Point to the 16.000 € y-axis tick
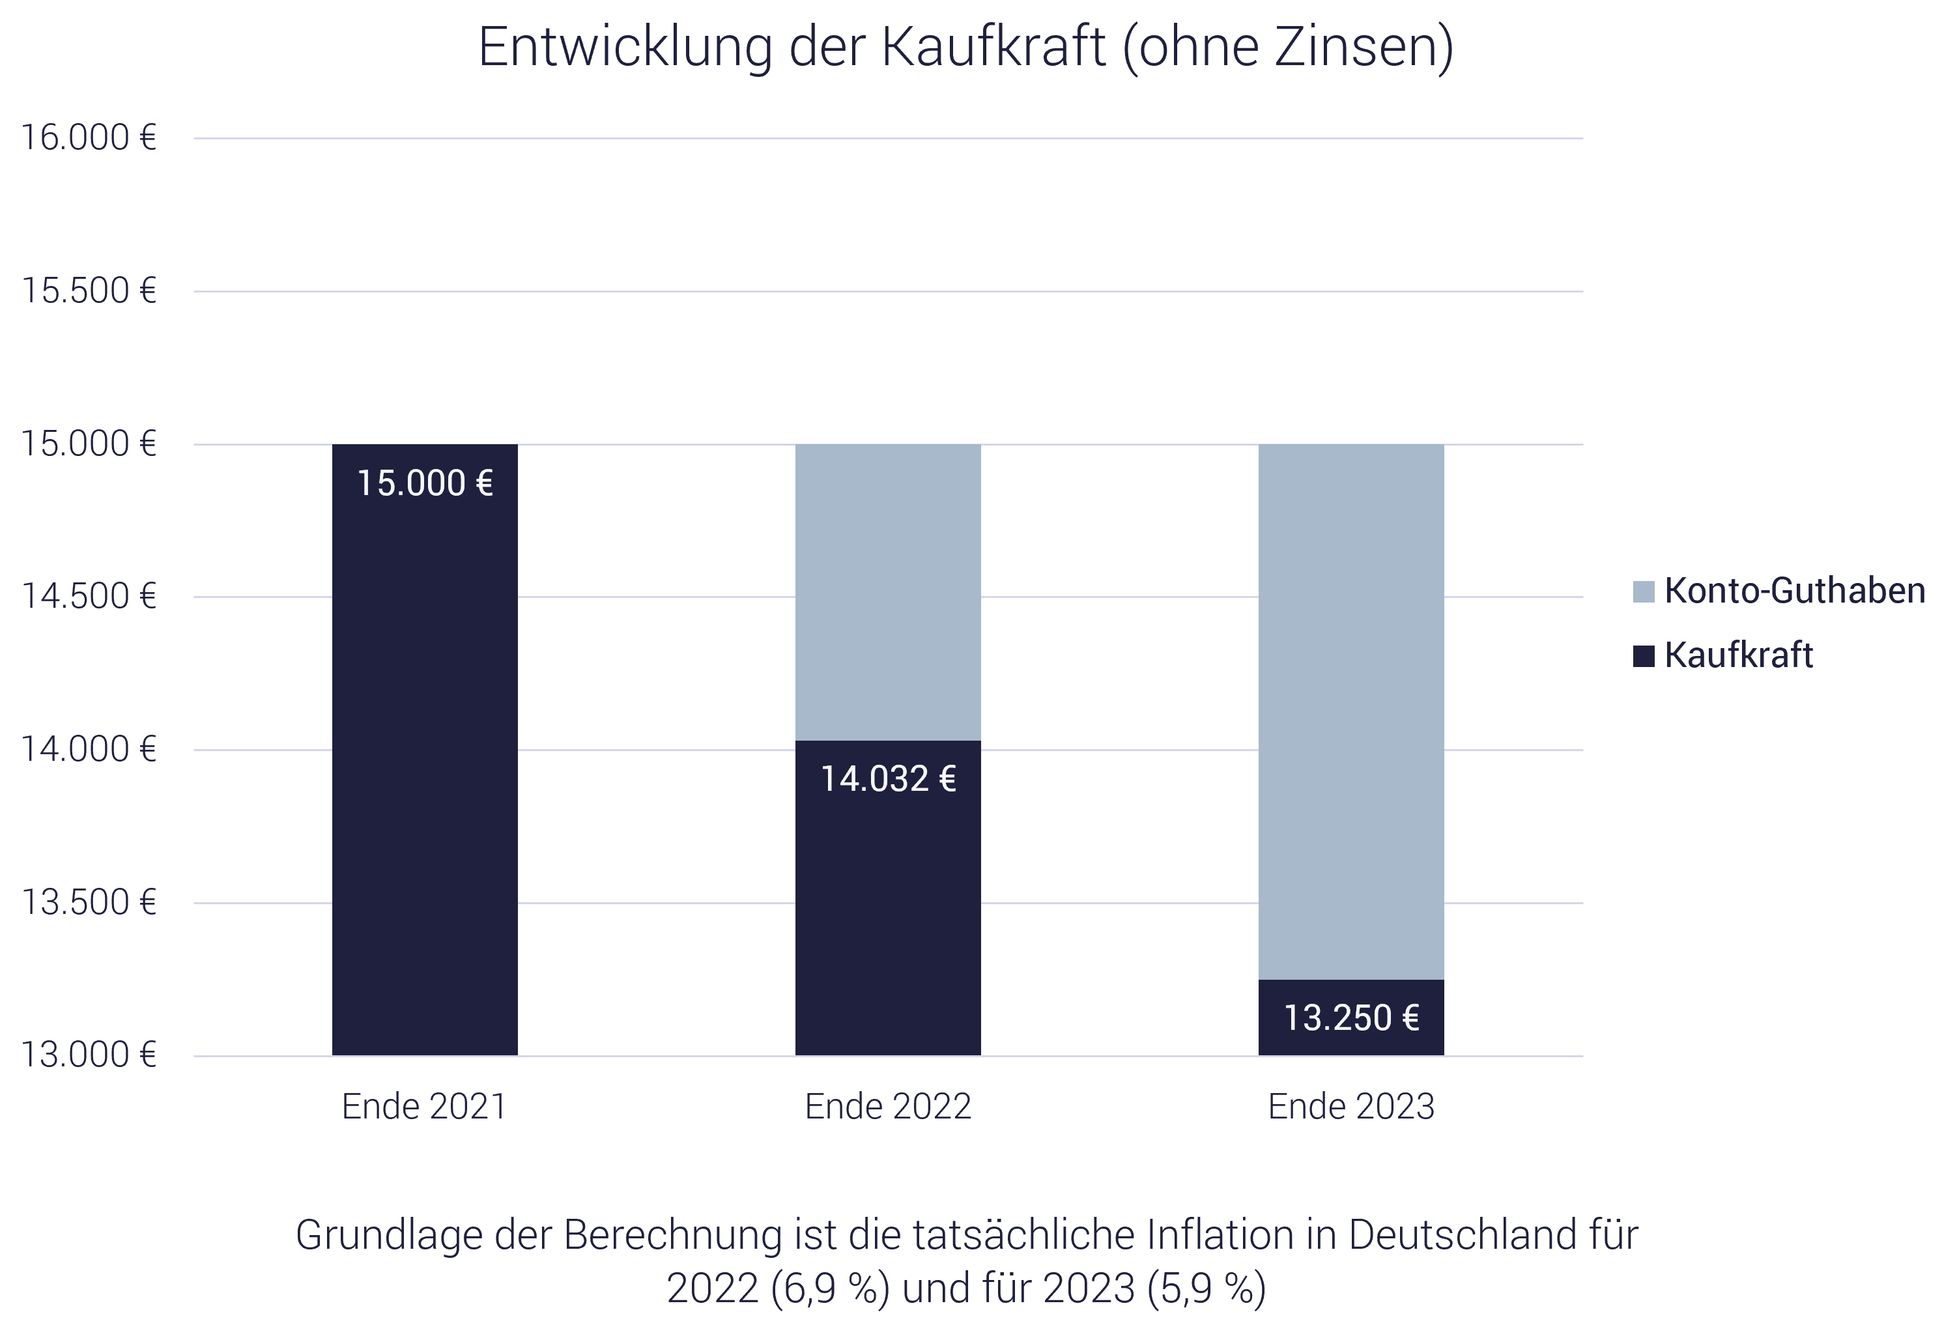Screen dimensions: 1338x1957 click(89, 138)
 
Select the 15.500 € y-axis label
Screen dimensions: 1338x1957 click(89, 291)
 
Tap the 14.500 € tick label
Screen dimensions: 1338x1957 click(89, 597)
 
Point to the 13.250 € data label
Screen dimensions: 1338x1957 click(1350, 1018)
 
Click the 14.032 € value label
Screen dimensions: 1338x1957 click(887, 779)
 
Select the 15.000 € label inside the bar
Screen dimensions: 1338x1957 click(424, 483)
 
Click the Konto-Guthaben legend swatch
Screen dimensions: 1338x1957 click(1643, 591)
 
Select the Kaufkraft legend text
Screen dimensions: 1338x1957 click(1738, 655)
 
